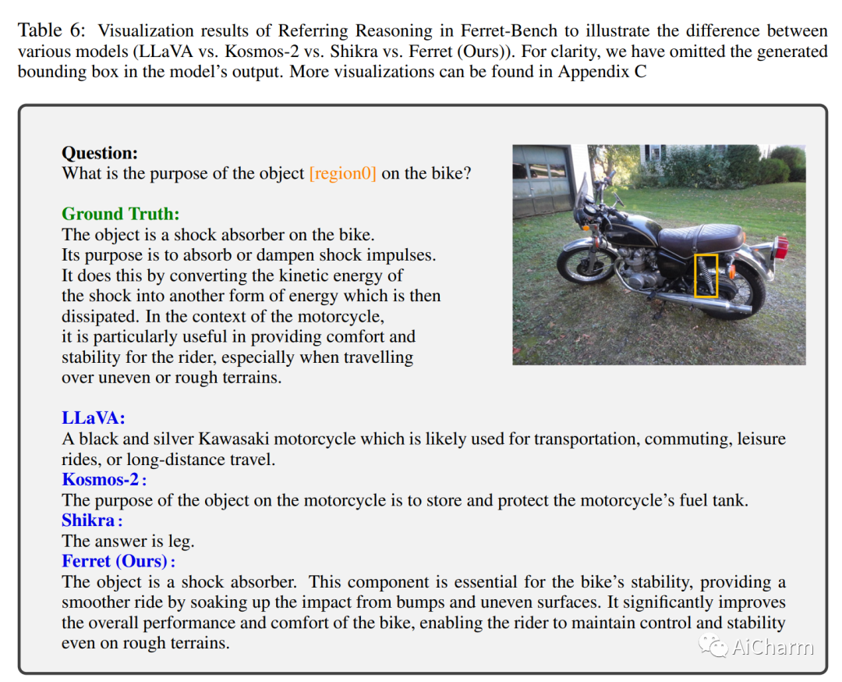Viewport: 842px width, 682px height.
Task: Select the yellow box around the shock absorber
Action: point(706,275)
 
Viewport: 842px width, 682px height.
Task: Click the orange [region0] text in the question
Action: point(342,173)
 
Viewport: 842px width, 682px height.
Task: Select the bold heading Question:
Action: point(100,153)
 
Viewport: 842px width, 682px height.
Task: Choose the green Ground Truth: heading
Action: point(121,214)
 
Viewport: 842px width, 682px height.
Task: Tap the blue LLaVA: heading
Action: point(94,419)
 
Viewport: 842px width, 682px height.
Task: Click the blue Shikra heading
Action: point(89,520)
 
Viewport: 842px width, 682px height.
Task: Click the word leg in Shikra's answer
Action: point(182,541)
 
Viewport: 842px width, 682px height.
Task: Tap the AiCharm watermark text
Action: point(772,647)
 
